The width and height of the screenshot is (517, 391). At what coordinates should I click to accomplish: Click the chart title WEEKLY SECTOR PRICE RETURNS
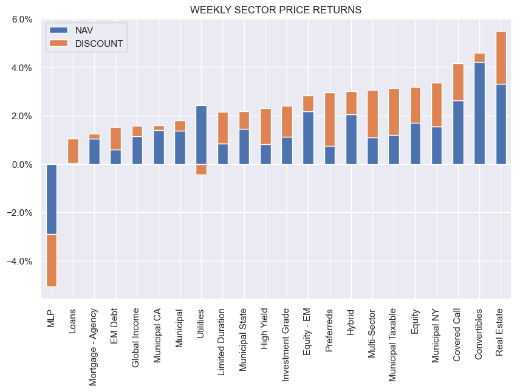pos(275,10)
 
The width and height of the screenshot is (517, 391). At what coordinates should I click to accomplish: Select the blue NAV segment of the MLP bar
pos(52,199)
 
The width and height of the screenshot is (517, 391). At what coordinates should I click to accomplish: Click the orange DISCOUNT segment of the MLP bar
pos(52,260)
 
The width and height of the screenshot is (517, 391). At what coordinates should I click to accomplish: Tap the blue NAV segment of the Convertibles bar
pos(479,113)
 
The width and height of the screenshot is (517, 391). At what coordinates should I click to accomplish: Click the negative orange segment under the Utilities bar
pos(201,170)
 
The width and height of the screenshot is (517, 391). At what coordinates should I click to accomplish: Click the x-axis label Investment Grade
pos(287,337)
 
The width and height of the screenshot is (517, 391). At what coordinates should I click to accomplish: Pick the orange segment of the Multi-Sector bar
pos(372,114)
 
